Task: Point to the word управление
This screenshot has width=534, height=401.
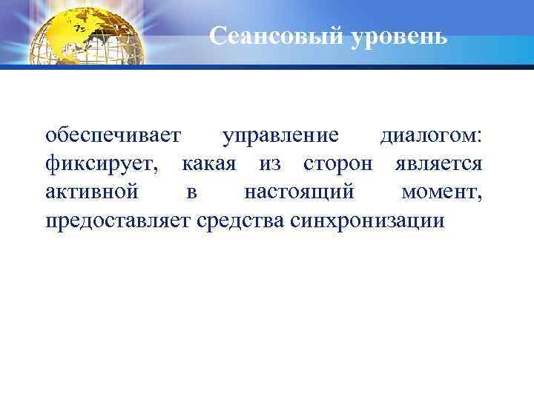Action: (x=281, y=137)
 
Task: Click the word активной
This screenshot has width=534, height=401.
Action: (x=91, y=192)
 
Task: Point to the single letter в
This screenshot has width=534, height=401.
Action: (x=191, y=193)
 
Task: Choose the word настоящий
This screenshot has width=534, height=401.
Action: (x=299, y=192)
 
